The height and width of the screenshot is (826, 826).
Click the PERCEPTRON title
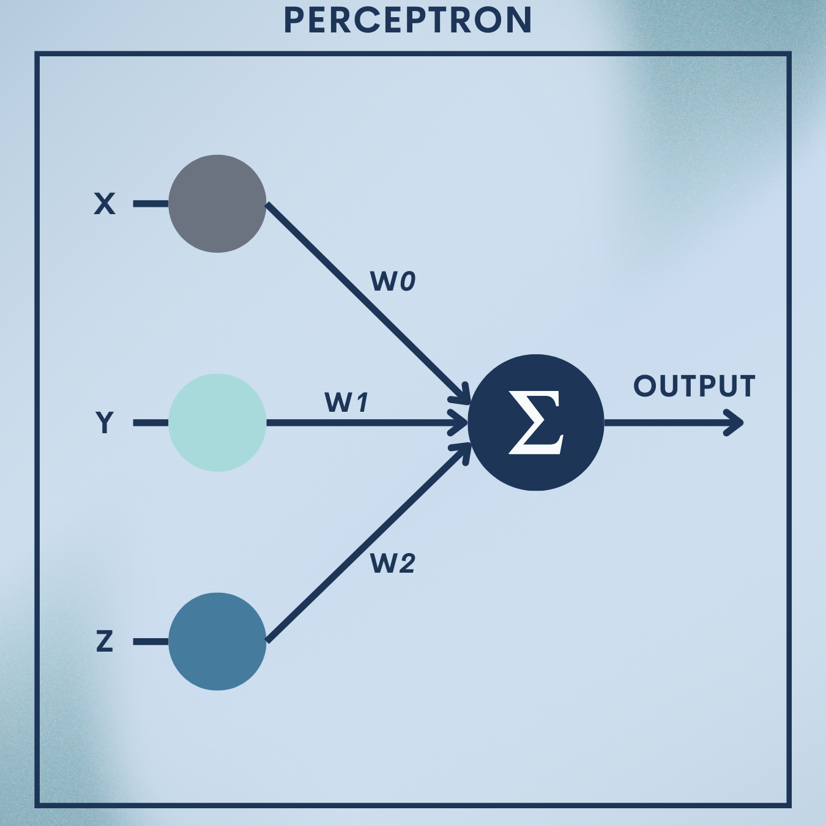(x=408, y=20)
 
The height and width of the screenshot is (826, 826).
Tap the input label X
(x=105, y=203)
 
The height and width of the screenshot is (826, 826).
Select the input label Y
(x=105, y=422)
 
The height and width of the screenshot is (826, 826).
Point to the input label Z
(x=105, y=641)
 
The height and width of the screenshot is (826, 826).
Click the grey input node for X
(x=217, y=203)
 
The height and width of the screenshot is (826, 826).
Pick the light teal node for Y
(x=217, y=422)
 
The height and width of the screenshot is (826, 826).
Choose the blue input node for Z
(x=217, y=641)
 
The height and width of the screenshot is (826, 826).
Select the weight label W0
(x=393, y=281)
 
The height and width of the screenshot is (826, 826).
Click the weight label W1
(x=346, y=403)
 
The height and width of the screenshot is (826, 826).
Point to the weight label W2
(x=393, y=564)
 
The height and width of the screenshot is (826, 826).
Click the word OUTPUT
(x=694, y=387)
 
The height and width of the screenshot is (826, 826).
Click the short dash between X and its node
(x=151, y=203)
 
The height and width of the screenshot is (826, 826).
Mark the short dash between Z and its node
(x=151, y=641)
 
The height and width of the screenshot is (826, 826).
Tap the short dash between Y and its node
(x=151, y=422)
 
